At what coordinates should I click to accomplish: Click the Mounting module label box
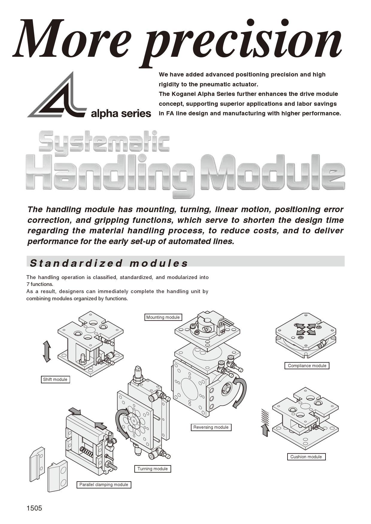coord(163,317)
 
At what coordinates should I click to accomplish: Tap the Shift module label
coord(55,379)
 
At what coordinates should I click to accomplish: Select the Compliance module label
coord(307,366)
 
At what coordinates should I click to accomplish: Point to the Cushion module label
coord(306,457)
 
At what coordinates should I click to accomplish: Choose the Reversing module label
coord(211,427)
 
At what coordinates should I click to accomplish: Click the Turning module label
coord(153,469)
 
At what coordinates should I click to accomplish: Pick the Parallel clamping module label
coord(104,485)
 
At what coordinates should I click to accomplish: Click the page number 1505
coord(34,508)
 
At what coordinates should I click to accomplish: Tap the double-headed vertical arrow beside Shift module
coord(47,351)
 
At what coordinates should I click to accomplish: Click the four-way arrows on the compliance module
coord(305,329)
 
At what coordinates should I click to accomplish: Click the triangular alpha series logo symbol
coord(57,97)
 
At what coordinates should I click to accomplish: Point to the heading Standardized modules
coord(109,263)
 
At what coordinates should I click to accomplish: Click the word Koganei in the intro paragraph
coord(185,94)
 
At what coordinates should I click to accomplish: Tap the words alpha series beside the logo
coord(121,114)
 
